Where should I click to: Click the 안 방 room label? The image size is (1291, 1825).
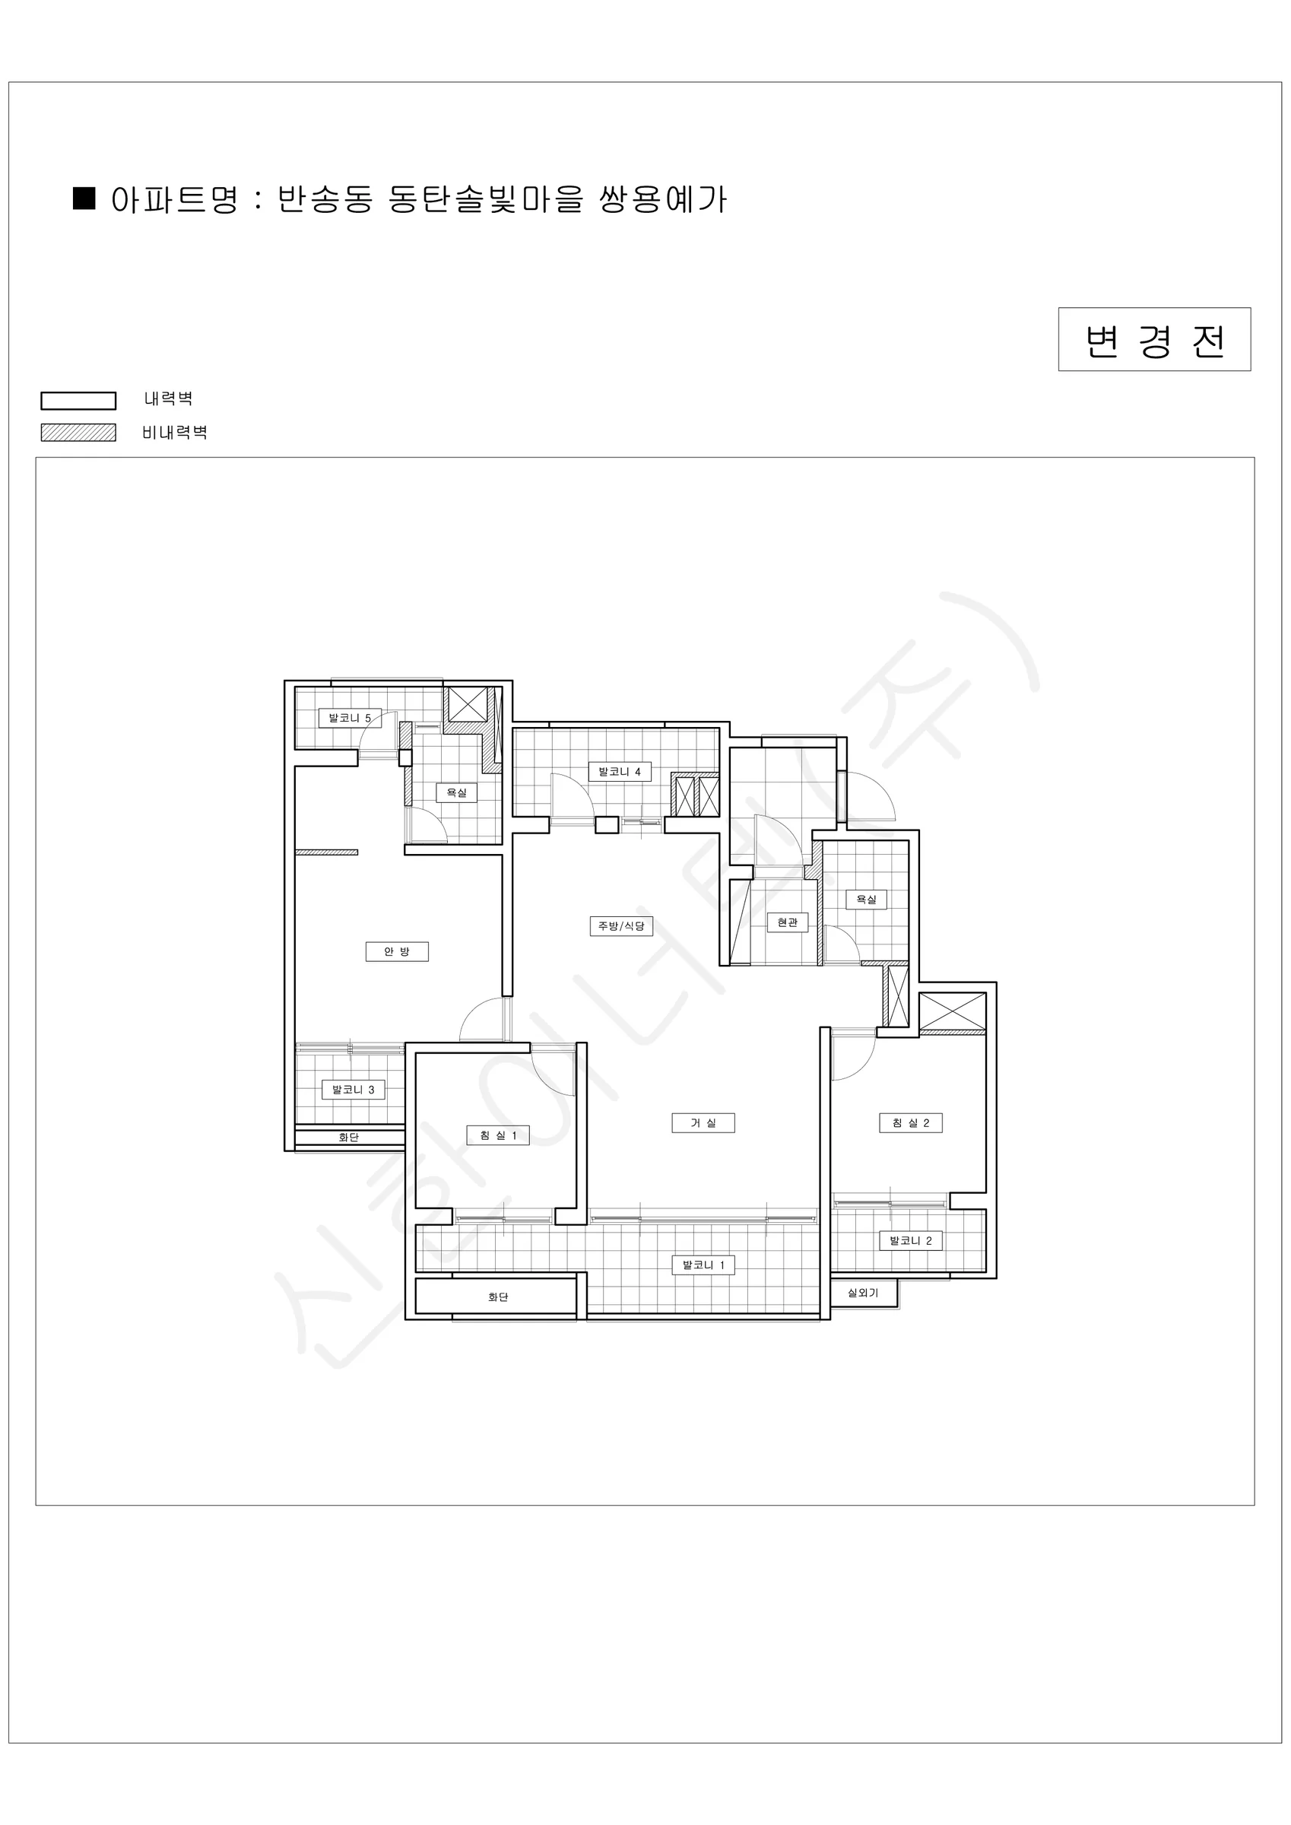(x=397, y=951)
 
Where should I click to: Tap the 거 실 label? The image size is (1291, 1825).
(x=703, y=1122)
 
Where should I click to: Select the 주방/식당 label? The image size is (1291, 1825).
(x=621, y=926)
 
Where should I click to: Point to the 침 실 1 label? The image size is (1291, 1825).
(x=498, y=1135)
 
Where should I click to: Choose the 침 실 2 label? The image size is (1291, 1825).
(x=910, y=1122)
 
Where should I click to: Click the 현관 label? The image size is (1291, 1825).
(x=787, y=922)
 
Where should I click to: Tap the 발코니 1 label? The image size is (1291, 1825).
(x=703, y=1265)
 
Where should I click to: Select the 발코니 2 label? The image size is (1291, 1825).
(x=910, y=1240)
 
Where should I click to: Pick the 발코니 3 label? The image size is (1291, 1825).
(x=353, y=1089)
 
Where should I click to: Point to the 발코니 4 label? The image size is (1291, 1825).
(x=619, y=771)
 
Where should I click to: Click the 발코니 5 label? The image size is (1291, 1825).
(x=350, y=718)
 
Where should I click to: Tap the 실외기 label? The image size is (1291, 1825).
(x=862, y=1293)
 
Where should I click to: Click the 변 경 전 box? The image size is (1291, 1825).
(x=1154, y=339)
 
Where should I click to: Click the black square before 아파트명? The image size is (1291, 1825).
(x=84, y=198)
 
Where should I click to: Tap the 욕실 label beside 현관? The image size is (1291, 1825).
(x=866, y=900)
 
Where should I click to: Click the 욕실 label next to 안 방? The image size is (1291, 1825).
(x=456, y=792)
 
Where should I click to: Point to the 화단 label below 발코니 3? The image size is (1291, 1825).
(x=348, y=1138)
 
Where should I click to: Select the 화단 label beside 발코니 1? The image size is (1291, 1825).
(x=498, y=1297)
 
